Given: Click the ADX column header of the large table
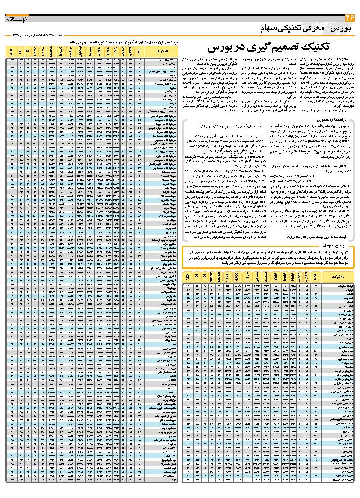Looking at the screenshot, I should pyautogui.click(x=10, y=51).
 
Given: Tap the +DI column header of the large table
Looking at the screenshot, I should pyautogui.click(x=20, y=51).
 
